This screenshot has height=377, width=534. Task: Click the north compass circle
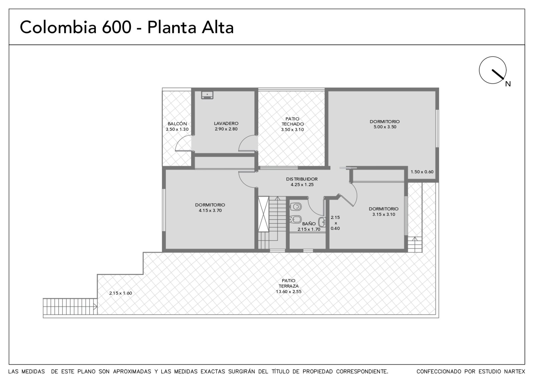[x=479, y=70]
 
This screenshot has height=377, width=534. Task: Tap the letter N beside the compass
[x=508, y=84]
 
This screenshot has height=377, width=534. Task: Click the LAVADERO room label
[x=226, y=123]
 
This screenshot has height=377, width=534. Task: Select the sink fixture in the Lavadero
[x=207, y=95]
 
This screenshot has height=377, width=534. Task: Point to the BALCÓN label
[x=177, y=124]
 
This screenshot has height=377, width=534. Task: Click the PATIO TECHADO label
[x=292, y=121]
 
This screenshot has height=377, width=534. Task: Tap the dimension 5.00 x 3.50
[x=385, y=127]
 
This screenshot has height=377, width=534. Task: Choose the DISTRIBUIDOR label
[x=302, y=179]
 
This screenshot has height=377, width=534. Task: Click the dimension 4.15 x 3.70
[x=210, y=211]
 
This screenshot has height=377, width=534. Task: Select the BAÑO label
[x=309, y=224]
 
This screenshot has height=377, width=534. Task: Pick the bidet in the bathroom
[x=296, y=219]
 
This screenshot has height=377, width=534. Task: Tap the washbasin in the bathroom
[x=322, y=222]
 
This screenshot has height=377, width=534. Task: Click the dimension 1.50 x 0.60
[x=422, y=172]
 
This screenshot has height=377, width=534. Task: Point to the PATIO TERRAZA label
[x=288, y=283]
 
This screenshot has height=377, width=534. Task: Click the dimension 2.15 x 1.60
[x=120, y=293]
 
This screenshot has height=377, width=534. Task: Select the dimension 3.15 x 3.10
[x=384, y=215]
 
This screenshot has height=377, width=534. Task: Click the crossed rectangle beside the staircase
[x=263, y=214]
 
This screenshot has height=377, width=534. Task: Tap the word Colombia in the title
[x=58, y=27]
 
